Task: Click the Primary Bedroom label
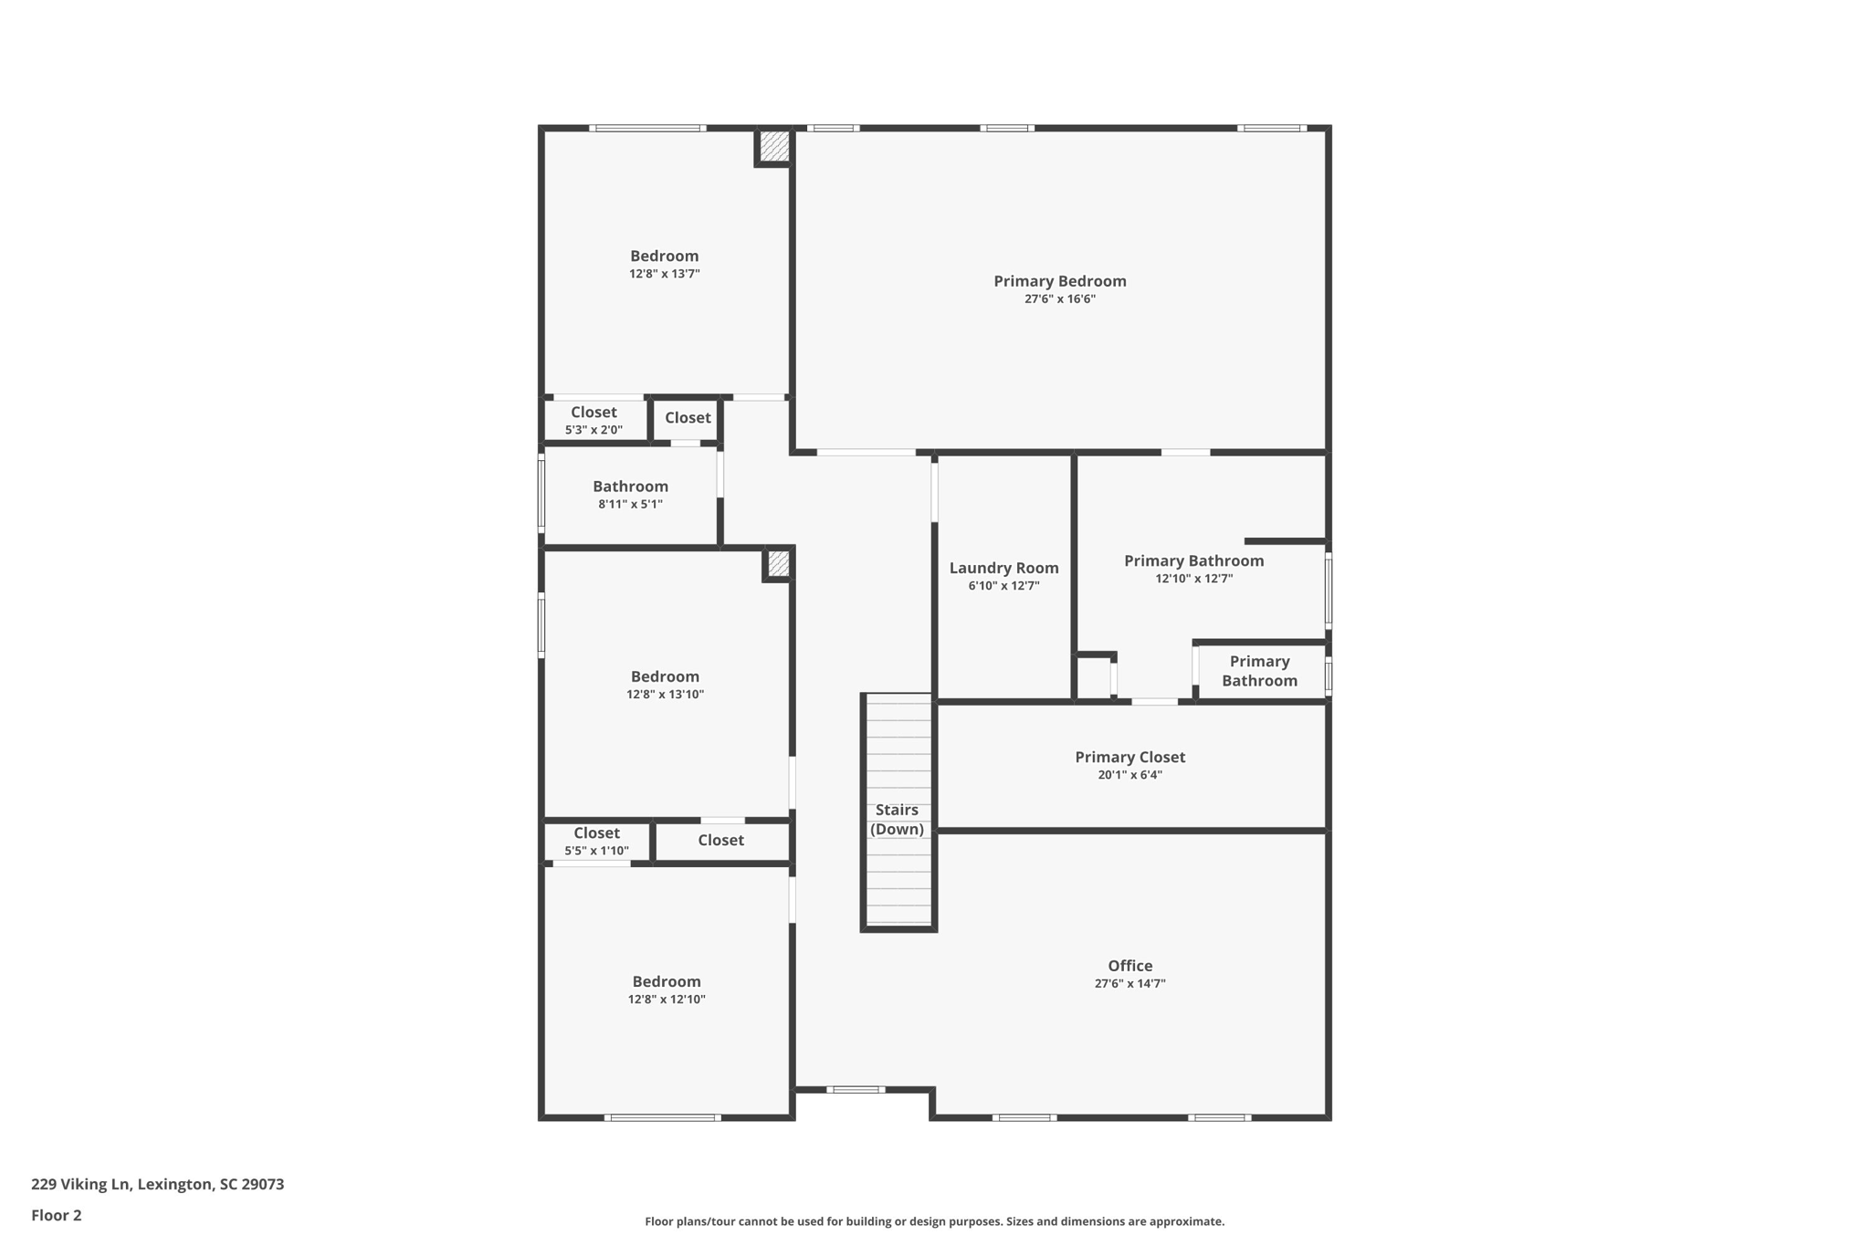(x=1059, y=281)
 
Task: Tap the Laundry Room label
(x=1003, y=568)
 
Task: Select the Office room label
(x=1129, y=966)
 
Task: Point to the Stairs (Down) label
(x=897, y=820)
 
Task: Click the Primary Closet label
(x=1129, y=757)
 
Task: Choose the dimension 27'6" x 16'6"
(x=1059, y=299)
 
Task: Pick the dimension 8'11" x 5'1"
(x=630, y=504)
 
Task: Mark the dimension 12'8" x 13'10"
(x=665, y=695)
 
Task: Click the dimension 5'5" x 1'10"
(x=596, y=851)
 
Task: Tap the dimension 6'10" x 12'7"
(x=1003, y=586)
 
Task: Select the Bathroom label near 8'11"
(x=630, y=487)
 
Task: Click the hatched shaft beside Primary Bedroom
(x=774, y=146)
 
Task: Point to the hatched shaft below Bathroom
(x=778, y=563)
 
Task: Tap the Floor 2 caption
(x=56, y=1215)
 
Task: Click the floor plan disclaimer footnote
(x=934, y=1221)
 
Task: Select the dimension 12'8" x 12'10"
(x=667, y=1000)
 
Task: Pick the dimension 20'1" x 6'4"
(x=1129, y=775)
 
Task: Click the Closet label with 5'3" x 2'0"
(x=594, y=413)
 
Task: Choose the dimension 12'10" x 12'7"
(x=1193, y=579)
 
